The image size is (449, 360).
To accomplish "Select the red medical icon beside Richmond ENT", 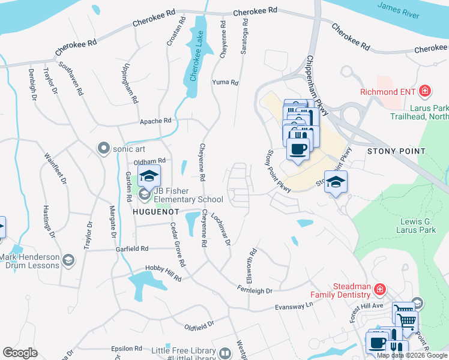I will coord(425,91).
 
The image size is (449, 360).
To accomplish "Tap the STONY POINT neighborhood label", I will coord(391,151).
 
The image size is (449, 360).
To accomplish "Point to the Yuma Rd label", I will coord(226,83).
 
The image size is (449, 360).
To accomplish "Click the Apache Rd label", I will coord(155,121).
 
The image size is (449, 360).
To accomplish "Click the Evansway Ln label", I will coord(294,306).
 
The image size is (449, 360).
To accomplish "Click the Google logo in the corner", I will coord(20,353).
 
